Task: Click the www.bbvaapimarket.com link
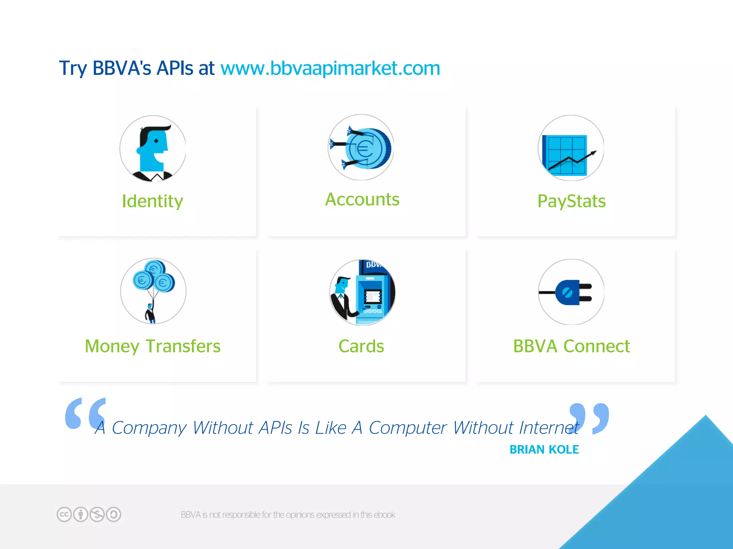point(330,68)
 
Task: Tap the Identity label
point(152,201)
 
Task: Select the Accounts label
point(362,199)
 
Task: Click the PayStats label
point(571,201)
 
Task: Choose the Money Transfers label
point(152,346)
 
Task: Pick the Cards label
point(361,346)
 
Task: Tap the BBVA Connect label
point(571,346)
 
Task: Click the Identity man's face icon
point(153,148)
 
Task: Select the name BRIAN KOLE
point(544,449)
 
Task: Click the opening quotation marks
point(85,413)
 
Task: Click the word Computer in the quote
point(408,428)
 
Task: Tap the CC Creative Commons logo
point(64,515)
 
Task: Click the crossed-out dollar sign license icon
point(97,515)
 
